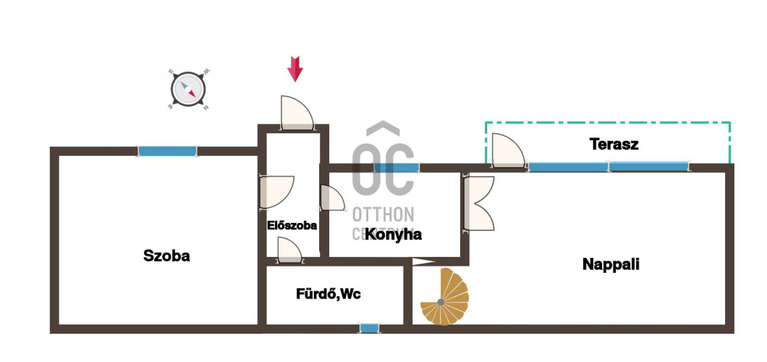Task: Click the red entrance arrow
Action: click(x=295, y=69)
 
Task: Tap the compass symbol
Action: click(x=189, y=90)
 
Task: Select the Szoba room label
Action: click(x=166, y=256)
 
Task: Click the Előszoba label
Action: click(x=292, y=225)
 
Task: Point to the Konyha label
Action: click(x=393, y=235)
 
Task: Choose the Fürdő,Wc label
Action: click(x=329, y=294)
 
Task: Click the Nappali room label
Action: click(x=611, y=264)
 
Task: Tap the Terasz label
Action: click(x=614, y=144)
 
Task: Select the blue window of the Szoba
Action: click(x=167, y=151)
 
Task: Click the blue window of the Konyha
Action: click(x=397, y=167)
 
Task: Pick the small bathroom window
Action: click(x=369, y=329)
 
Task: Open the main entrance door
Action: click(x=296, y=113)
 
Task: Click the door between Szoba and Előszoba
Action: click(x=275, y=192)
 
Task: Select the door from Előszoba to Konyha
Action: click(x=332, y=198)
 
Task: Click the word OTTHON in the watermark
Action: click(x=383, y=214)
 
